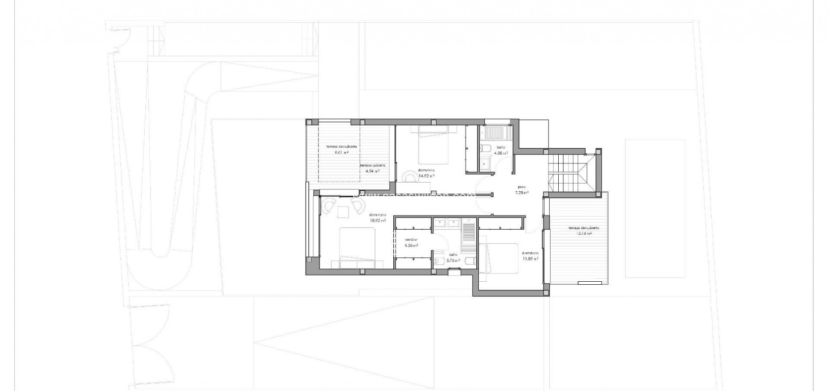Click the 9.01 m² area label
point(342,152)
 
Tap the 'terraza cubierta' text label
point(373,165)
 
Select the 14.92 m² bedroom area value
point(427,177)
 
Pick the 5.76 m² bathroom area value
point(453,260)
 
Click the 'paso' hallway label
point(522,186)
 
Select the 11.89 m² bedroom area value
point(530,258)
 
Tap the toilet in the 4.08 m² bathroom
point(484,148)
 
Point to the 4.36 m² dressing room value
point(411,245)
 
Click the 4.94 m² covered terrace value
point(373,171)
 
